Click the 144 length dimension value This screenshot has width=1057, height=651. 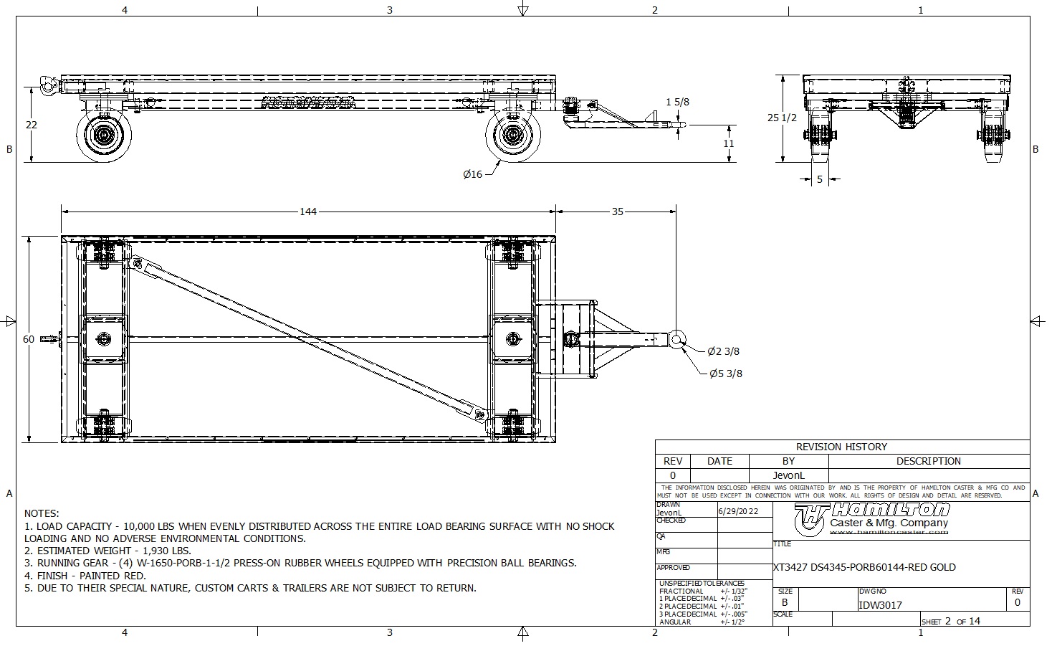point(308,212)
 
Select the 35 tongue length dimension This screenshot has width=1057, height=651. point(618,212)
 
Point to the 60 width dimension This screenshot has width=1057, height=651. point(29,339)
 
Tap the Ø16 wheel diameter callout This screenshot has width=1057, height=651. point(472,174)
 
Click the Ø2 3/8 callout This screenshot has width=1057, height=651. point(723,351)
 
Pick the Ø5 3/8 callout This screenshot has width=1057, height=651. point(725,374)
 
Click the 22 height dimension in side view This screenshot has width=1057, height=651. point(31,125)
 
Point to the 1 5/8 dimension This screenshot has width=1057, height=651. point(677,103)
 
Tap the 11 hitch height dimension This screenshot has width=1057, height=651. point(729,143)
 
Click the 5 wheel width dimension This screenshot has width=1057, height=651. point(820,180)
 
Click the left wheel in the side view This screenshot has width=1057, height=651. point(105,136)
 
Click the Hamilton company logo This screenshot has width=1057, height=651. point(873,517)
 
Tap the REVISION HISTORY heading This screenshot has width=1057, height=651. point(841,447)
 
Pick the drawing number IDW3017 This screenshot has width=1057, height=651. point(880,605)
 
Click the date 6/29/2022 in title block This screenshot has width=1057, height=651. point(737,511)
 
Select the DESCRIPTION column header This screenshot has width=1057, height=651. point(928,461)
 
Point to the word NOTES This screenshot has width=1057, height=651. point(42,513)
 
